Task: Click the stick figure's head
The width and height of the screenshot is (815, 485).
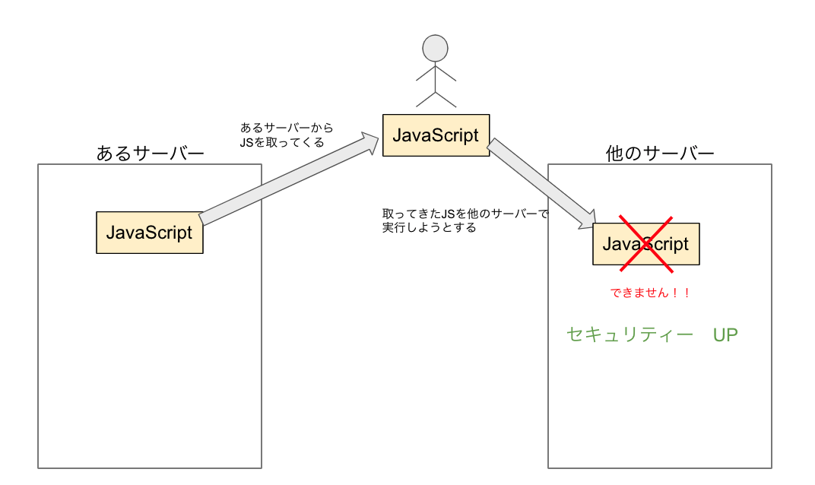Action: tap(435, 48)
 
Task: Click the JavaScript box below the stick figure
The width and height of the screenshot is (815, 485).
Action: tap(436, 135)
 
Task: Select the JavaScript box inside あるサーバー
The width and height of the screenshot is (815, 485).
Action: tap(149, 232)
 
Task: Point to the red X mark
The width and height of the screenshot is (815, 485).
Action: tap(645, 243)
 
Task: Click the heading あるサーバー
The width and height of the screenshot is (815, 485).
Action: tap(150, 153)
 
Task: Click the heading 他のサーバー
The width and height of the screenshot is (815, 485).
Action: tap(660, 153)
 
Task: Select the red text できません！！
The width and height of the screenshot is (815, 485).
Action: tap(650, 293)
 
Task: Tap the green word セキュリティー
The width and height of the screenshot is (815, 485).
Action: tap(630, 334)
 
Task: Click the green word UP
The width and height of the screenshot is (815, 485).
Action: tap(725, 334)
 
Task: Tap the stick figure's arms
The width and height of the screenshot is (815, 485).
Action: tap(435, 74)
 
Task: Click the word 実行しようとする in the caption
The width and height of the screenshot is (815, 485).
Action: tap(430, 227)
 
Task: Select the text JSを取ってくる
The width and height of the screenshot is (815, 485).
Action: tap(281, 142)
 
